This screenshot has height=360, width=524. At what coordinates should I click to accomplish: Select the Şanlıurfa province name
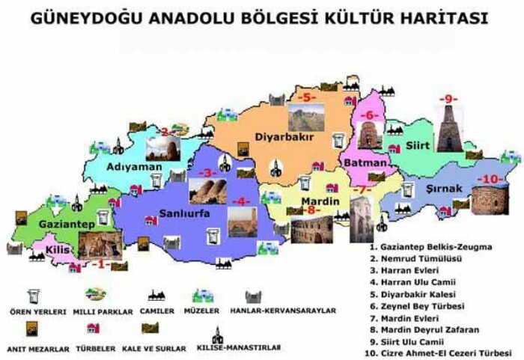[x=183, y=215]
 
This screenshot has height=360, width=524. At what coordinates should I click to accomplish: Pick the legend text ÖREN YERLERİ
[x=37, y=311]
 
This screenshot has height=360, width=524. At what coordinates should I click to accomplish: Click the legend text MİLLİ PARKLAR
[x=103, y=311]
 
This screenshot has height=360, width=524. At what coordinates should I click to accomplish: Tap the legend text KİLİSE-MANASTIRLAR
[x=238, y=347]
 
